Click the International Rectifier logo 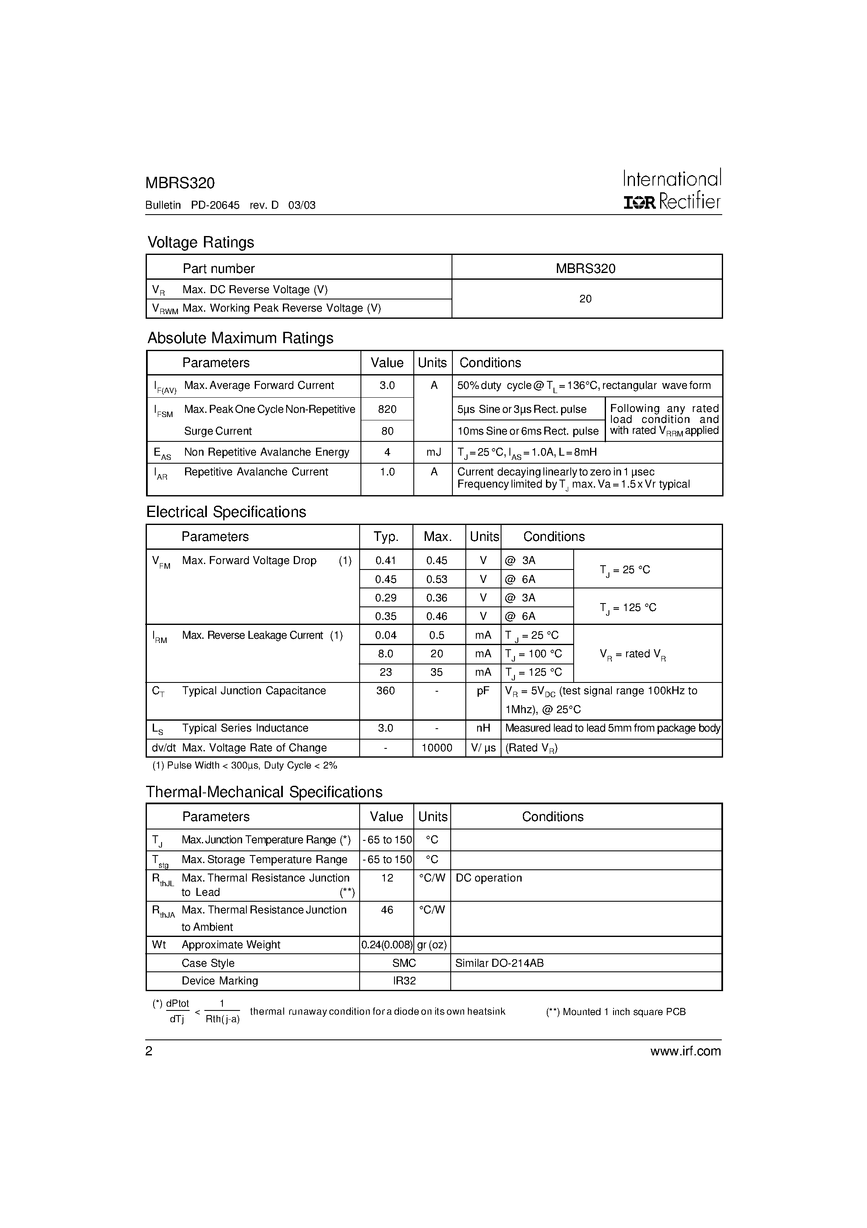click(672, 189)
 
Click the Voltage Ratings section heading click(201, 242)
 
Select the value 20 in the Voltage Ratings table click(585, 299)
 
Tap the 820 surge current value click(387, 409)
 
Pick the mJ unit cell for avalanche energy click(433, 452)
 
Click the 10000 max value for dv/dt click(437, 748)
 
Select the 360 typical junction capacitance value click(385, 690)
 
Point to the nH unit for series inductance click(483, 728)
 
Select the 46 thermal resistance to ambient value click(387, 909)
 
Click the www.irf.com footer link click(685, 1051)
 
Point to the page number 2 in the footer click(149, 1051)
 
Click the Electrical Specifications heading click(226, 512)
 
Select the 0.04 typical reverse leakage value click(385, 635)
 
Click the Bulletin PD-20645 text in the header click(193, 205)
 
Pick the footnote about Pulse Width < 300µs click(245, 765)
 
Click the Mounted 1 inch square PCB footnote click(616, 1011)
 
